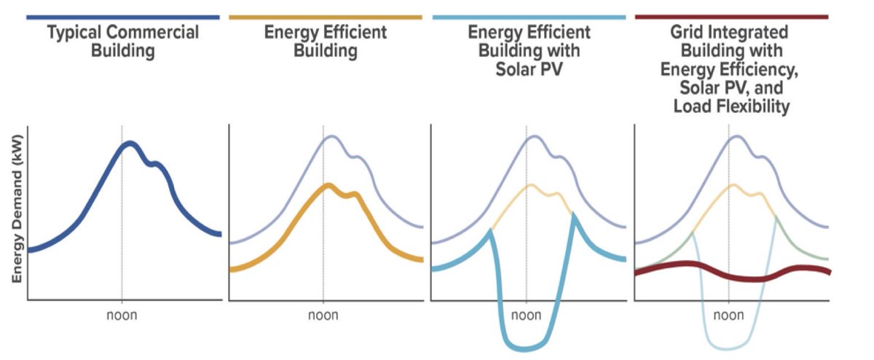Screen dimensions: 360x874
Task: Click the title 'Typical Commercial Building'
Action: coord(122,42)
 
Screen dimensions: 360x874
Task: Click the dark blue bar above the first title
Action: coord(122,16)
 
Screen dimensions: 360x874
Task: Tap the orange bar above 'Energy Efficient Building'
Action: coord(325,16)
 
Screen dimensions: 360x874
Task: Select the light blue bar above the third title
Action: coord(528,16)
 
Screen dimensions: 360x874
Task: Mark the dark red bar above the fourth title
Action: coord(731,16)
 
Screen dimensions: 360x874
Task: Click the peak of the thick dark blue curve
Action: coord(129,144)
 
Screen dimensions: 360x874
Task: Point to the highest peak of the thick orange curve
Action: coord(329,185)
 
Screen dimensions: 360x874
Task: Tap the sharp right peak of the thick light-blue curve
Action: coord(574,215)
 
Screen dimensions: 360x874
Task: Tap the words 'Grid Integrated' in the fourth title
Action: coord(731,32)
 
